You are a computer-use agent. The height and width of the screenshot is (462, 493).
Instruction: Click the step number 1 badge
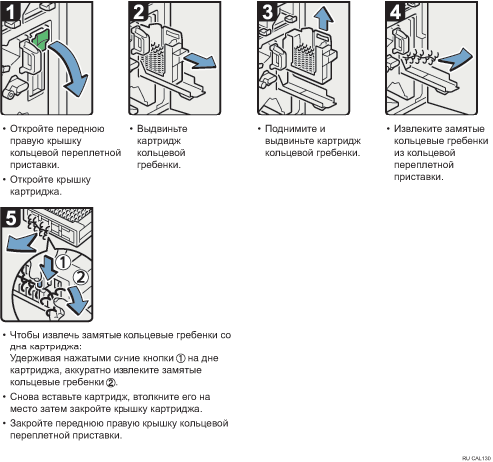tap(10, 12)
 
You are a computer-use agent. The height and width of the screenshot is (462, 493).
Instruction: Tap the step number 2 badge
tap(138, 12)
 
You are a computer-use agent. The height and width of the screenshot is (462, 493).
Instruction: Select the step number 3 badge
tap(267, 12)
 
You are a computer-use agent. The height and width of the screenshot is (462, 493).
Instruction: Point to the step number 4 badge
tap(395, 12)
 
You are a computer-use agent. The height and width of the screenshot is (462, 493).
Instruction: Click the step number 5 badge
tap(10, 218)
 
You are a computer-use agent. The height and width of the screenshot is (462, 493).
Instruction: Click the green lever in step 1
tap(40, 40)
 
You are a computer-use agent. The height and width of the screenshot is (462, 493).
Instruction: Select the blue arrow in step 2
tap(200, 61)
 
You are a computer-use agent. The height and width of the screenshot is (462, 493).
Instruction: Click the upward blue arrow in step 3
tap(323, 18)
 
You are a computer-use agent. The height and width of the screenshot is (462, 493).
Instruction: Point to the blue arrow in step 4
tap(456, 59)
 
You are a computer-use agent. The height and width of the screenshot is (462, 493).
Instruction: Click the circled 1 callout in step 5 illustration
tap(62, 263)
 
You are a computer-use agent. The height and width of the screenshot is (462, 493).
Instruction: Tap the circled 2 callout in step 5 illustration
tap(80, 277)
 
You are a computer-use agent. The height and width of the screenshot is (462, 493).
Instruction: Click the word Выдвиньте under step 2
tap(162, 129)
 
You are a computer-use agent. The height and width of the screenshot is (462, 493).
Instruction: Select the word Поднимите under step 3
tap(288, 129)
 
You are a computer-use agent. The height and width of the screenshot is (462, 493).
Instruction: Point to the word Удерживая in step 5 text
tap(35, 358)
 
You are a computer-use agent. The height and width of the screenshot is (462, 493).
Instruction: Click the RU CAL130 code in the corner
tap(476, 458)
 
